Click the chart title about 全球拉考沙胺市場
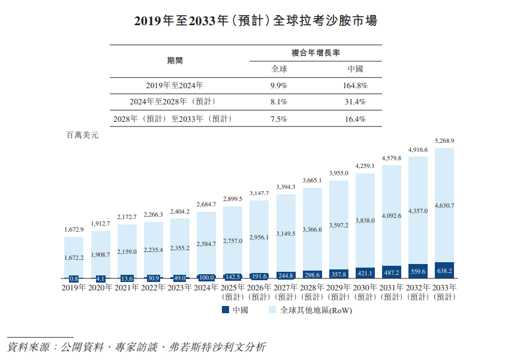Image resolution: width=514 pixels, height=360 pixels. tap(256, 20)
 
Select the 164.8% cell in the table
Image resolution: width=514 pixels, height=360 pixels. tap(354, 85)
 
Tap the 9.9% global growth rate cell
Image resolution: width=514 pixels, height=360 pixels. tap(279, 85)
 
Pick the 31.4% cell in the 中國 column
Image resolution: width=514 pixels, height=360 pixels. tap(354, 101)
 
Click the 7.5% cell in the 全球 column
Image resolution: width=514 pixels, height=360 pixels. tap(279, 118)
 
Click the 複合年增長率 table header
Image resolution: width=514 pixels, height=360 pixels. tap(316, 53)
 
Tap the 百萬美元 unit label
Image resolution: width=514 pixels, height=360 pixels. tap(82, 136)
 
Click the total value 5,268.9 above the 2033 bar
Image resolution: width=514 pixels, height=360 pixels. tap(443, 141)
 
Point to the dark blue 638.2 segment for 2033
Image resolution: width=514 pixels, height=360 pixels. tap(444, 271)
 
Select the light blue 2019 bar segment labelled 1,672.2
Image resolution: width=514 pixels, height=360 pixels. tap(74, 257)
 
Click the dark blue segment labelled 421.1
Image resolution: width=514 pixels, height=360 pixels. tap(365, 273)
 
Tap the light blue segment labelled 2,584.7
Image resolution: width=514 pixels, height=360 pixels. tap(206, 244)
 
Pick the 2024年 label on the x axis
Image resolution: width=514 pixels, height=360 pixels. tap(206, 288)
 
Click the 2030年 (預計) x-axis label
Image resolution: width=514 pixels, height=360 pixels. tap(365, 292)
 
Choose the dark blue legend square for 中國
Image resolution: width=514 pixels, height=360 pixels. tap(225, 310)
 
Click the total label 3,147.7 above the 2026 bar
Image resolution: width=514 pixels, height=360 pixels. tap(259, 193)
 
